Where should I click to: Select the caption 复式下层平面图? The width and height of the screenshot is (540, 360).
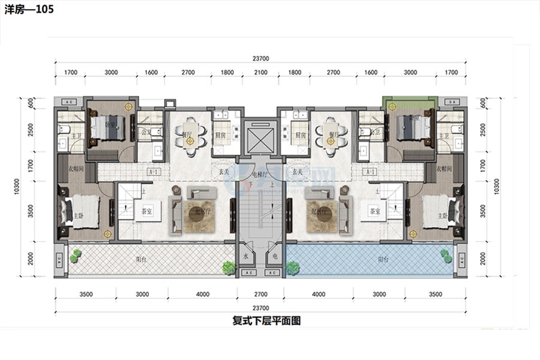coord(266,320)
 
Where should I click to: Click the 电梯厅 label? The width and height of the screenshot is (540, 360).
coord(260,175)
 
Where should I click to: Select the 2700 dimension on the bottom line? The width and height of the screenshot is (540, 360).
coord(260,295)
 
